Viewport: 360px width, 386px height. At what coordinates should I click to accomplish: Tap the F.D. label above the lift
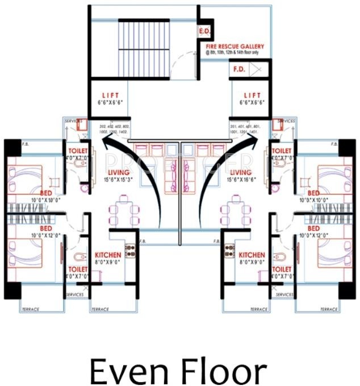tap(239, 70)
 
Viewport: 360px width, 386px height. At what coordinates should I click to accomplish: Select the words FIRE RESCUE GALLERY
tap(235, 47)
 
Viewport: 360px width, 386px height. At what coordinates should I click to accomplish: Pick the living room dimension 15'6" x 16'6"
tap(242, 180)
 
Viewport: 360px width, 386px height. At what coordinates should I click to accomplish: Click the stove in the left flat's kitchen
tap(129, 248)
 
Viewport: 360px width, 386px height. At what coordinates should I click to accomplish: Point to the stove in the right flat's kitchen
tap(231, 248)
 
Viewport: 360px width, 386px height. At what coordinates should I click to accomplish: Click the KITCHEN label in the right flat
tap(252, 255)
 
